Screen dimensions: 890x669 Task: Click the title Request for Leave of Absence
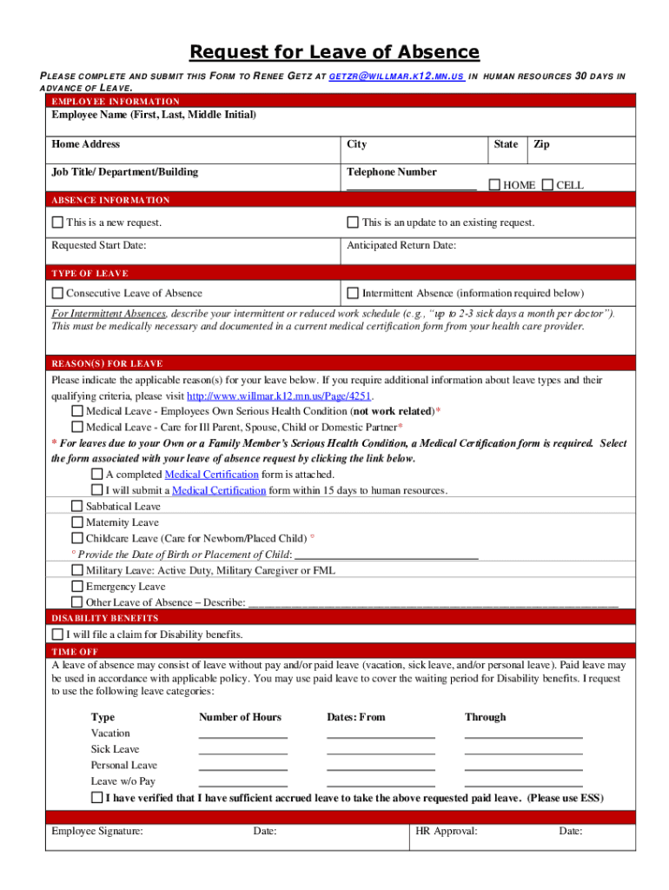coord(334,52)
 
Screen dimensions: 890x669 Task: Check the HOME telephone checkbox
coord(494,184)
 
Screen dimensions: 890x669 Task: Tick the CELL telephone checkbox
coord(547,184)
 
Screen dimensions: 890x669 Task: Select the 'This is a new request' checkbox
coord(58,222)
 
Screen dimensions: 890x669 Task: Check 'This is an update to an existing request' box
coord(354,222)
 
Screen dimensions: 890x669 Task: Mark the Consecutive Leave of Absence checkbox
coord(58,293)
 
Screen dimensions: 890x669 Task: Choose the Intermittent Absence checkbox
coord(354,293)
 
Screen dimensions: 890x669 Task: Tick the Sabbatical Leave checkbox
coord(77,506)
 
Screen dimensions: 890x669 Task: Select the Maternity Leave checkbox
coord(77,522)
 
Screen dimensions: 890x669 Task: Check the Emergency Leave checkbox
coord(77,587)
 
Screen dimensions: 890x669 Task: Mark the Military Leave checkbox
coord(77,570)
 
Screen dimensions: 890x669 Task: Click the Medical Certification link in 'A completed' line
coord(211,475)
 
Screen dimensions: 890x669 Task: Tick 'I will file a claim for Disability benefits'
coord(58,634)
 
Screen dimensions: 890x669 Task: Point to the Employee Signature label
coord(97,831)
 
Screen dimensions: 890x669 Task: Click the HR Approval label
coord(446,831)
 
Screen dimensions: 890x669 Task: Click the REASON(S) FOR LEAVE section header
coord(107,363)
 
